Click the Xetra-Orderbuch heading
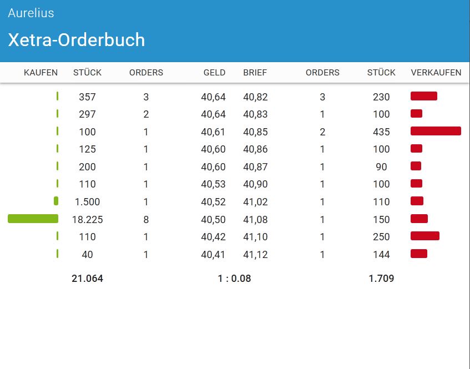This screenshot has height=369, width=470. [x=77, y=40]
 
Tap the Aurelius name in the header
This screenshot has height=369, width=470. [x=31, y=13]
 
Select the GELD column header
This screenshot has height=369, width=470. [x=214, y=73]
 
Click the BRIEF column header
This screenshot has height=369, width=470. [x=255, y=73]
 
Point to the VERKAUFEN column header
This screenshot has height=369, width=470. [x=436, y=73]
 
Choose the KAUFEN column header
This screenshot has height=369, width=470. [x=41, y=73]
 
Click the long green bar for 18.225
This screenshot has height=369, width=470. [x=33, y=219]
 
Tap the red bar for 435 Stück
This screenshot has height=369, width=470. [x=436, y=131]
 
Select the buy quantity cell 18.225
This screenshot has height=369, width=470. [x=87, y=219]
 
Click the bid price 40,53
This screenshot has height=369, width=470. [x=213, y=184]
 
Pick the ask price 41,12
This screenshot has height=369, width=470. [x=255, y=255]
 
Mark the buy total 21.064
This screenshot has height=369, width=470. [x=87, y=279]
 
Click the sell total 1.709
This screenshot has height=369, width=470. [x=381, y=279]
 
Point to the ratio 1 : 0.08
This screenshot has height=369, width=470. [x=234, y=279]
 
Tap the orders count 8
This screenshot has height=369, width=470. [x=146, y=219]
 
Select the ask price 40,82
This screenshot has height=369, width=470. [x=255, y=97]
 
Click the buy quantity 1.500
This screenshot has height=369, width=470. [x=87, y=202]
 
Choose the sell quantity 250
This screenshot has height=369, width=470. [x=381, y=237]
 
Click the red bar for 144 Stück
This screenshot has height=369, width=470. [x=419, y=254]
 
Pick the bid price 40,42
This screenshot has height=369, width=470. [x=213, y=237]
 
